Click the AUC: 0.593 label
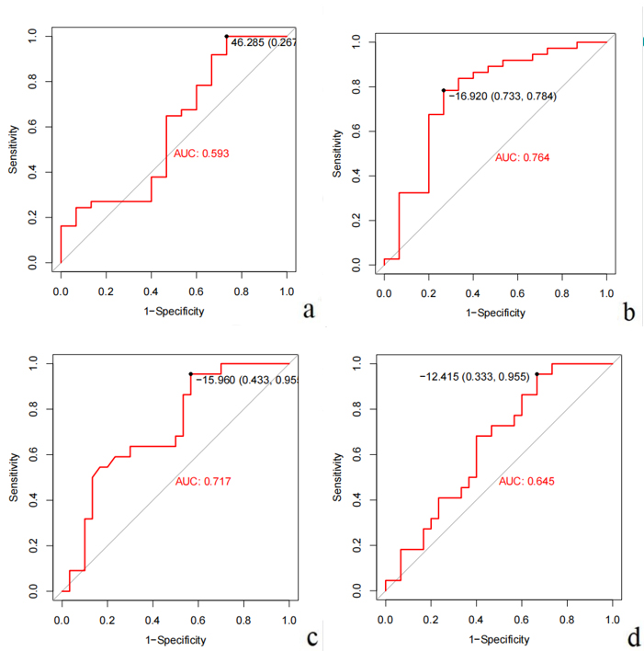click(201, 154)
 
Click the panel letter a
click(309, 309)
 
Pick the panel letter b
click(629, 313)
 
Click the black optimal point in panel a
click(226, 37)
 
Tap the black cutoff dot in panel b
click(444, 90)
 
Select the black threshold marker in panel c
click(190, 374)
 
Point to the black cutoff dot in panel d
click(537, 374)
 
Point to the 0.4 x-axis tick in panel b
click(473, 291)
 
